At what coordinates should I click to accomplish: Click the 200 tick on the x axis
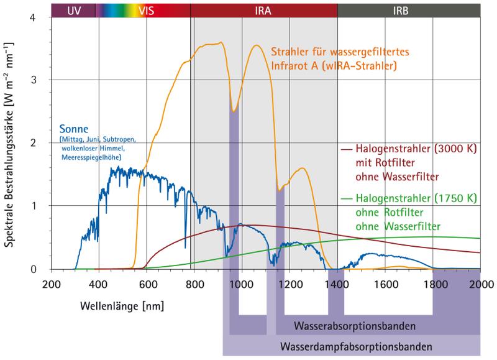51,281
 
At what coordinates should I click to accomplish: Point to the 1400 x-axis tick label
336,281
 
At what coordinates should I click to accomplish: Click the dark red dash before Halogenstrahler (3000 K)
347,149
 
